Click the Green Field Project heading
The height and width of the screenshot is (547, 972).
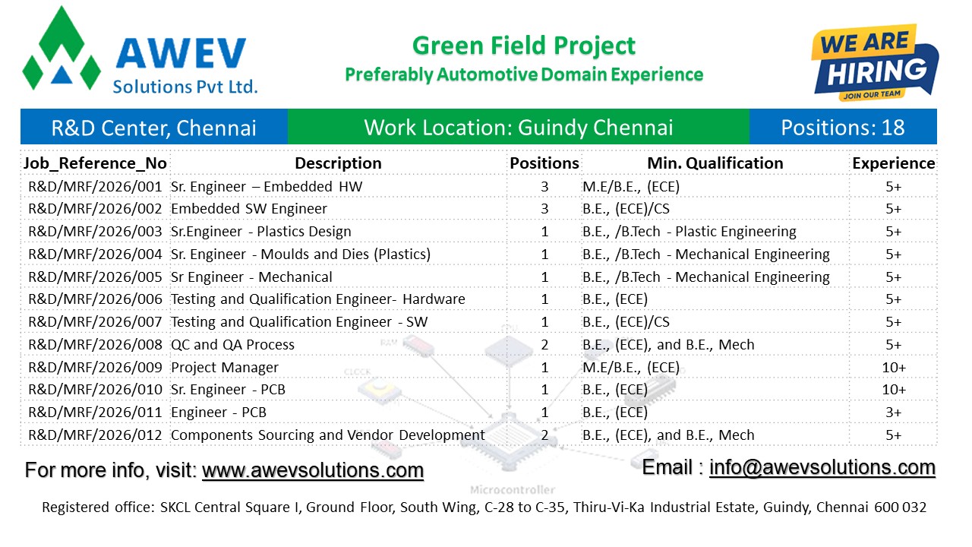coord(524,46)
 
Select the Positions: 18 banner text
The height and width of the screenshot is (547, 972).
coord(843,127)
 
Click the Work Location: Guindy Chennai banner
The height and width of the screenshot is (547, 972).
coord(519,127)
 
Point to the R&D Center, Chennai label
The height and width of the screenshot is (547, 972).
coord(153,127)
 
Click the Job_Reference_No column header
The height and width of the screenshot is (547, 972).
coord(95,163)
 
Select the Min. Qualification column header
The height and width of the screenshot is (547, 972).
coord(715,163)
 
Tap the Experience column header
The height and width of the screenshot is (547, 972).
coord(893,163)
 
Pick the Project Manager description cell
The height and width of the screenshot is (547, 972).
coord(225,368)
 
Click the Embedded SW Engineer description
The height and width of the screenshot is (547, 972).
coord(249,209)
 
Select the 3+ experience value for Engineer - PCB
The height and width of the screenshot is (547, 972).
coord(893,413)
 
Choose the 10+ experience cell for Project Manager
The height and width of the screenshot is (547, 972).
coord(893,368)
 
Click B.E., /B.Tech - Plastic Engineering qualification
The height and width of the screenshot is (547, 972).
coord(689,232)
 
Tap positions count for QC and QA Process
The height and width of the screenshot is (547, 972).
coord(544,345)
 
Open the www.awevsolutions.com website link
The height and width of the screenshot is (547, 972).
coord(312,470)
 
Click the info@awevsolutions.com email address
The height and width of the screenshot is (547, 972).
coord(822,467)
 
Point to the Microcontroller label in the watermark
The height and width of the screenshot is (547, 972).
coord(513,490)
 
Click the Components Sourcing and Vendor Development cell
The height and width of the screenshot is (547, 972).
coord(327,435)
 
